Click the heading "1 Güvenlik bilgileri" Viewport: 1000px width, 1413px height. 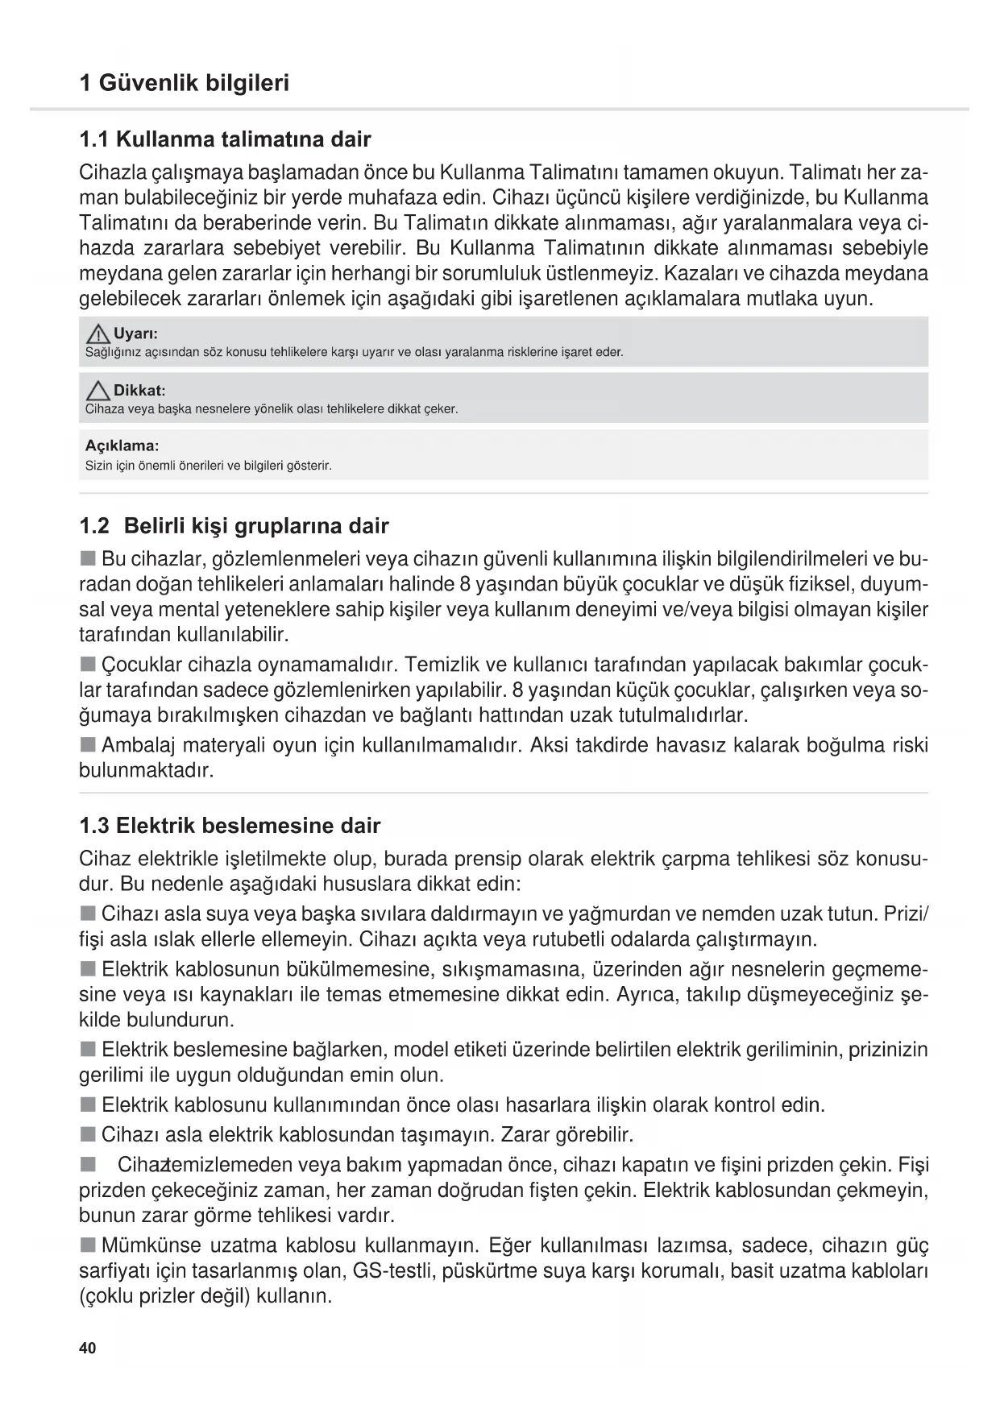click(185, 83)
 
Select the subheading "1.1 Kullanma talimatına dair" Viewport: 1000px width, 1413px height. click(225, 139)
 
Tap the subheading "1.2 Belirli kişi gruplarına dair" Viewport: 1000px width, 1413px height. click(234, 526)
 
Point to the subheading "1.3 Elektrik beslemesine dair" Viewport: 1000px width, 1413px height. click(230, 826)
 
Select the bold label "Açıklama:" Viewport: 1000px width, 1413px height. click(122, 445)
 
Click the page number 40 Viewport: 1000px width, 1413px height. click(88, 1348)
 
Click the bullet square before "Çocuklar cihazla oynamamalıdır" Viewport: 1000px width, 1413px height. click(87, 665)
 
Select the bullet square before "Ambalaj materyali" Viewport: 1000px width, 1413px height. click(87, 744)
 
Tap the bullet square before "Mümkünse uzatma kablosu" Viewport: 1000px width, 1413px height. click(87, 1246)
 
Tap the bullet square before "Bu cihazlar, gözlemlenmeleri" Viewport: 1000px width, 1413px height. click(87, 559)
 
